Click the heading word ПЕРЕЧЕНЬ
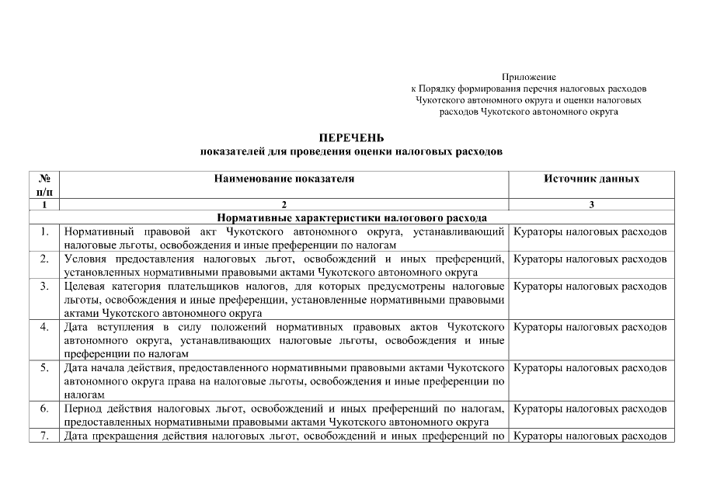[x=351, y=138]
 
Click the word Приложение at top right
[x=529, y=77]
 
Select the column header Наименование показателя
[x=284, y=179]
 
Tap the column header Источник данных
[x=592, y=179]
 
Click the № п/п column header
[x=44, y=185]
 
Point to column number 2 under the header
[x=284, y=205]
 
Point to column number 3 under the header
[x=592, y=205]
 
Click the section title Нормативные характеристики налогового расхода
[x=352, y=218]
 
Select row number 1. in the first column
[x=45, y=231]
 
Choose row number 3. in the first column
[x=45, y=287]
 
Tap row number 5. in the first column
[x=45, y=367]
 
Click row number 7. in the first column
[x=45, y=435]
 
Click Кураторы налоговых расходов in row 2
[x=590, y=259]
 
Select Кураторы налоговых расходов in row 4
[x=590, y=326]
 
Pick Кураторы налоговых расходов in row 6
[x=590, y=408]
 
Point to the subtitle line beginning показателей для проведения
[x=351, y=152]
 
